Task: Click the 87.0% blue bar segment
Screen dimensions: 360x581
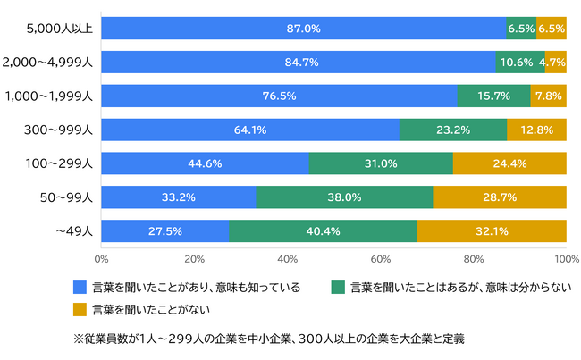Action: coord(303,29)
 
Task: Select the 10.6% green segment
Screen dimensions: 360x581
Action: coord(518,63)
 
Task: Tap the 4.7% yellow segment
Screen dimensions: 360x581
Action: coord(555,63)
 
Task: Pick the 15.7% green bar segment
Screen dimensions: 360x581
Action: coord(493,96)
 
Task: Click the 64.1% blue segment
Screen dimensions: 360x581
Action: coord(250,130)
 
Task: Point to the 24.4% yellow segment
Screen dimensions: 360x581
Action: coord(509,163)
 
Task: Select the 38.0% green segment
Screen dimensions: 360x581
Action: coord(344,197)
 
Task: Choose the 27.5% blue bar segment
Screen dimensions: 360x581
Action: coord(165,230)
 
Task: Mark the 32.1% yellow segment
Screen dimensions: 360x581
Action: coord(492,230)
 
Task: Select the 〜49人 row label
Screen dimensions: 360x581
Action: coord(75,230)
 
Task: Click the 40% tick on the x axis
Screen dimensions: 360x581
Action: coord(287,258)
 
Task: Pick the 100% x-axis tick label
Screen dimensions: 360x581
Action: coord(565,258)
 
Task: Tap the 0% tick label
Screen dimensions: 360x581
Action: coord(101,258)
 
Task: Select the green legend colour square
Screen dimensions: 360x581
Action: coord(337,288)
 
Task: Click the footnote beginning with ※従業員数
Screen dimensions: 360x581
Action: coord(268,339)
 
